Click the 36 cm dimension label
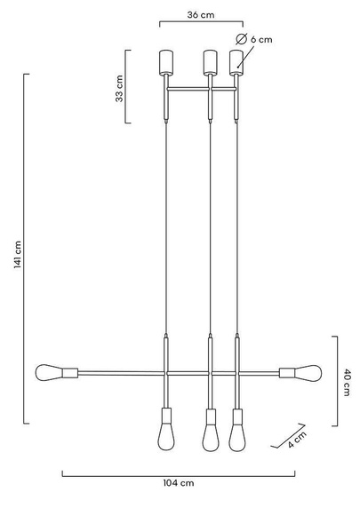point(202,15)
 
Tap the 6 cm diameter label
point(260,39)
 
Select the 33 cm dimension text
point(118,87)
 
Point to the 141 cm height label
point(17,257)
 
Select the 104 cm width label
point(179,483)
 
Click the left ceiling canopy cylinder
point(166,63)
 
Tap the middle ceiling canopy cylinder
point(210,63)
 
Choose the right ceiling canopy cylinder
point(236,63)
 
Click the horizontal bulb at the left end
point(52,371)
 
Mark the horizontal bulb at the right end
point(300,371)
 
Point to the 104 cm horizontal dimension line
point(179,472)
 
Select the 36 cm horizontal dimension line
point(202,26)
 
